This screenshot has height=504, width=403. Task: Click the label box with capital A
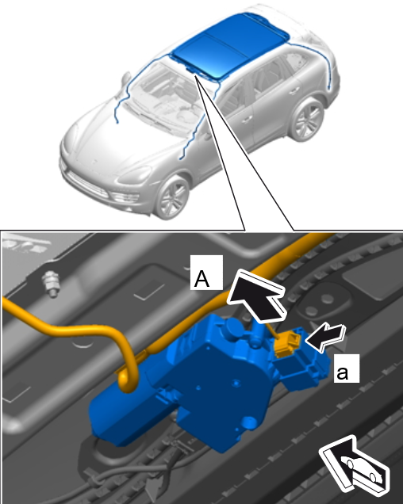click(x=206, y=273)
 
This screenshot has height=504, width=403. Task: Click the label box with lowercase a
click(x=347, y=368)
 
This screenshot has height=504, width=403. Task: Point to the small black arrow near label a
click(x=325, y=337)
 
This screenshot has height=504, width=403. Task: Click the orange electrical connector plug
click(x=286, y=344)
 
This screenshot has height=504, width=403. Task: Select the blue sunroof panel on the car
click(x=228, y=45)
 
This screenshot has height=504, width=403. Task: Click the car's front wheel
click(x=171, y=196)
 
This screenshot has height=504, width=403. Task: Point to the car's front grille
click(x=87, y=184)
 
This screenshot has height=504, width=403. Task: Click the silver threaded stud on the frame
click(x=51, y=284)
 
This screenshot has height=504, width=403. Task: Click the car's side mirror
click(x=126, y=78)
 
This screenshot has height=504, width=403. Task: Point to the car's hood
click(x=116, y=138)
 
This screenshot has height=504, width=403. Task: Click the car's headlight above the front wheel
click(x=135, y=175)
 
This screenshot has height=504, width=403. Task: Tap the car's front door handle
click(x=247, y=120)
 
